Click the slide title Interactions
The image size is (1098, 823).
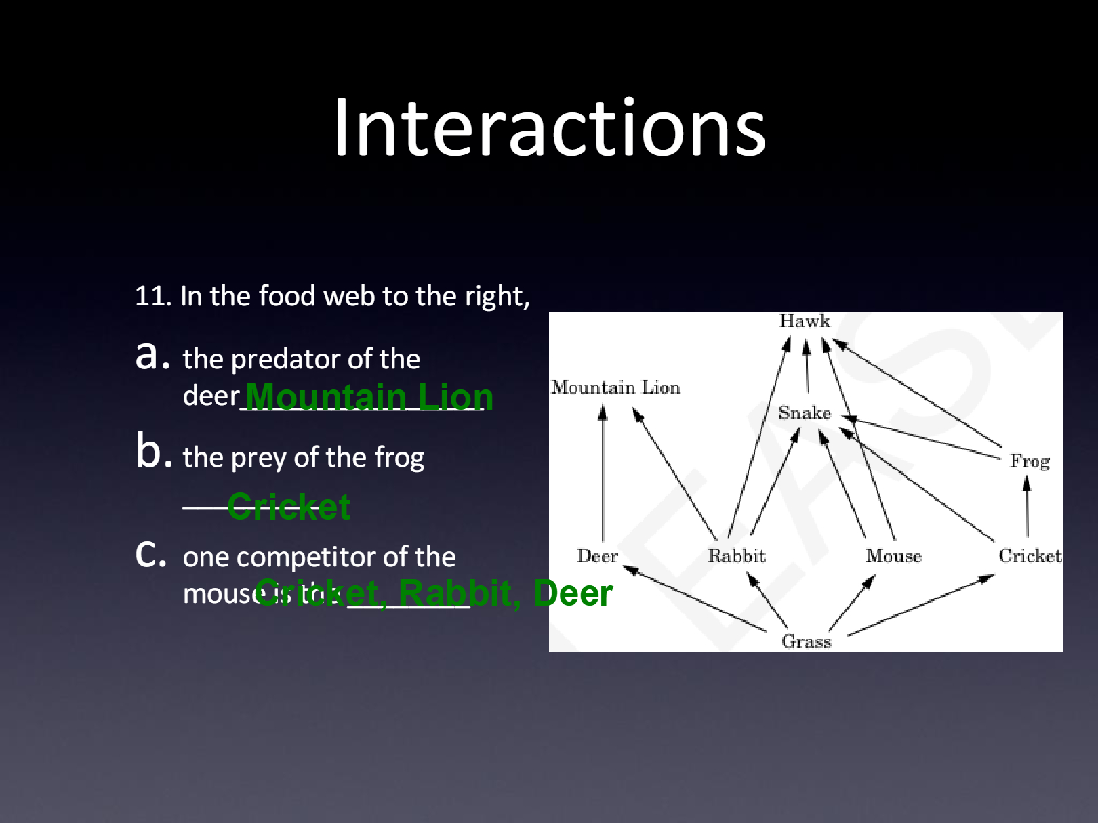[x=549, y=129]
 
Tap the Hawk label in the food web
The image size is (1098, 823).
[x=805, y=321]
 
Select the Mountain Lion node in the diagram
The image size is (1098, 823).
[x=615, y=387]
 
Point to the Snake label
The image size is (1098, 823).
[x=805, y=413]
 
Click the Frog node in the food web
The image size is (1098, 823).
[x=1030, y=461]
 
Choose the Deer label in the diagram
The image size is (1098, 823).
[x=597, y=556]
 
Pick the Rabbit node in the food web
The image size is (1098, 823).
[x=737, y=556]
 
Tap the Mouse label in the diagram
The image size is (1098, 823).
[x=893, y=556]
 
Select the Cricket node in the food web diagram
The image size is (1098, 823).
[x=1030, y=556]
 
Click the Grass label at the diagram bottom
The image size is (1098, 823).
[x=806, y=641]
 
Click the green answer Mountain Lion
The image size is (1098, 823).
[x=369, y=397]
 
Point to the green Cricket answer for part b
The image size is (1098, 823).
[x=289, y=507]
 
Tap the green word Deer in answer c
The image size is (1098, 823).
[x=573, y=593]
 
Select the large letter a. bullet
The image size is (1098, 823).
[x=152, y=356]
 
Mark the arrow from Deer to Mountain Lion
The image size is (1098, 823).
[x=603, y=474]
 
